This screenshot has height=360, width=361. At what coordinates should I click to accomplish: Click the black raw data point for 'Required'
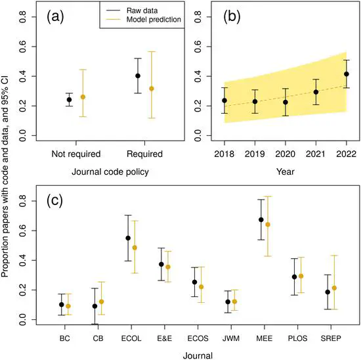click(138, 76)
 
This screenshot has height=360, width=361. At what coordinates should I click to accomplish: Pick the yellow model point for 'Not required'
click(83, 97)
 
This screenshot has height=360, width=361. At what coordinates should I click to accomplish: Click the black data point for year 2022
click(347, 74)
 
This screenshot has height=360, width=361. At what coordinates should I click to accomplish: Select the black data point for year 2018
click(224, 101)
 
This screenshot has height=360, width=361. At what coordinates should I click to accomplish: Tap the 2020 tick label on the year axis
click(286, 154)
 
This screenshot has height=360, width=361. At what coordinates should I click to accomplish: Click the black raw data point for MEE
click(261, 219)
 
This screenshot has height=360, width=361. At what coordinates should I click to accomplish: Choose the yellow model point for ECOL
click(135, 248)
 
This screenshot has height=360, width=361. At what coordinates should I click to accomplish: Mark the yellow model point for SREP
click(334, 288)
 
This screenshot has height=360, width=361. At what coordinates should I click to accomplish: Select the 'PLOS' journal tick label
click(295, 338)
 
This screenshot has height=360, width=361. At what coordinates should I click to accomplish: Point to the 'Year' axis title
click(286, 173)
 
